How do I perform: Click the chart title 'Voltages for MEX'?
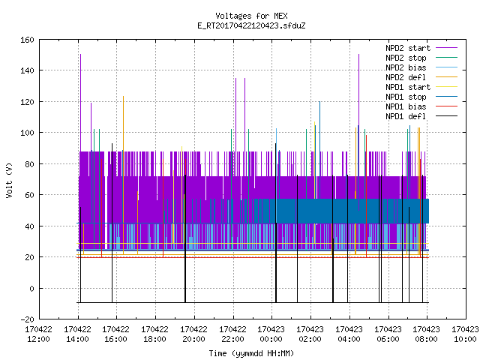(x=251, y=16)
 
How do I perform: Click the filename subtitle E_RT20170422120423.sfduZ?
(x=251, y=25)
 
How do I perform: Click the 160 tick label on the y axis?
(x=27, y=40)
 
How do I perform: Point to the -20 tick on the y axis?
(x=27, y=319)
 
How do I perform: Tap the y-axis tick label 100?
(x=27, y=133)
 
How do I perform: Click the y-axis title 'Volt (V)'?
(x=9, y=180)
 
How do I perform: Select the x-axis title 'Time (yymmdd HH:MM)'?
(x=251, y=353)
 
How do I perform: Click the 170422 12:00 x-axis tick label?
(x=38, y=334)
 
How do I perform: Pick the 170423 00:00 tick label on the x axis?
(x=271, y=334)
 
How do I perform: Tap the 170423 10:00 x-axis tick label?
(x=465, y=334)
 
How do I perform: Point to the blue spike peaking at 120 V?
(x=320, y=150)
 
